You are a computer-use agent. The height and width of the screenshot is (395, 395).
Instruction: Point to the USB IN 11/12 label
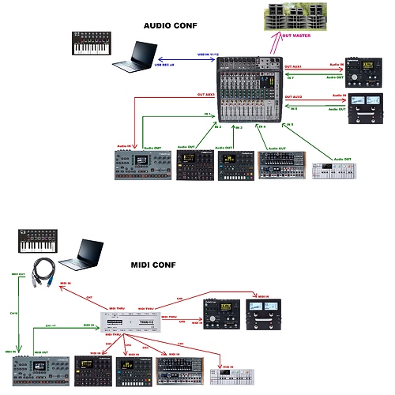[x=209, y=55]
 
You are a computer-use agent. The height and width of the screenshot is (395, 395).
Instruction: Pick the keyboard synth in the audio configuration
[x=92, y=44]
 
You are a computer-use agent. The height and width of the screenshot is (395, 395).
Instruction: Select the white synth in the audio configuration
[x=334, y=171]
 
